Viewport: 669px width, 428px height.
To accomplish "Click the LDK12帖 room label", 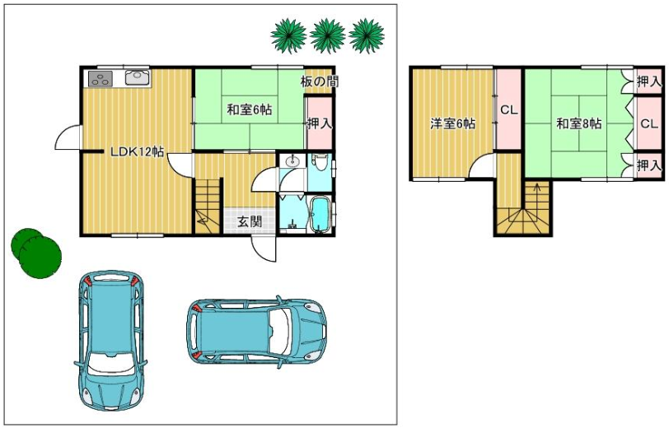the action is point(138,151).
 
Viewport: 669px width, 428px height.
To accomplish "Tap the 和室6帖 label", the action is point(249,110).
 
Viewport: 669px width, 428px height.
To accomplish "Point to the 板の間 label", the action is point(320,81).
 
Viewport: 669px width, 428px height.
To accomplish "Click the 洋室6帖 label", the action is point(452,123).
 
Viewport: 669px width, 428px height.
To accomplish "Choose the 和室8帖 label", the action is point(579,123).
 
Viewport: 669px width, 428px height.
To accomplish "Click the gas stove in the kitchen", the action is point(101,78).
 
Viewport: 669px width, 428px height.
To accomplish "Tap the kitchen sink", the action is point(138,77).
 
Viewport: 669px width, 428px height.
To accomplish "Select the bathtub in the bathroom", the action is point(320,215).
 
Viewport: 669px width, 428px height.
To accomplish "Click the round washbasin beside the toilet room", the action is point(292,161).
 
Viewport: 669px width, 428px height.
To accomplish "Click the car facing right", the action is point(257,332).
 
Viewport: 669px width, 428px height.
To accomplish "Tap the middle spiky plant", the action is point(327,35).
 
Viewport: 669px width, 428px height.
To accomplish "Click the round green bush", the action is point(37,254).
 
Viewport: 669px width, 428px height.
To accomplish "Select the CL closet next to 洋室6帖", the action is point(508,109).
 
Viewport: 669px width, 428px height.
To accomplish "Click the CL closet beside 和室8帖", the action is point(649,123).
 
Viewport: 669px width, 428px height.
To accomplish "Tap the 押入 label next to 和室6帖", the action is point(320,123).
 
